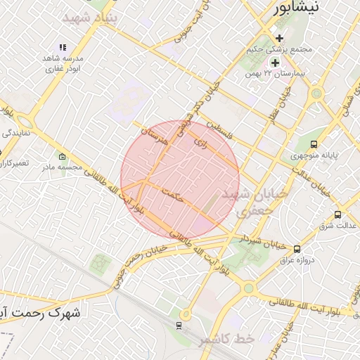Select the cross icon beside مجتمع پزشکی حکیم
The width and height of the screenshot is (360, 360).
coord(280,38)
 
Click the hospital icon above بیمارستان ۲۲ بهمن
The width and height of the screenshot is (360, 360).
coord(275,62)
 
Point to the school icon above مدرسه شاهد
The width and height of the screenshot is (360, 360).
coord(63,47)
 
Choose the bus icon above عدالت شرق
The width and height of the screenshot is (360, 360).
coord(338,214)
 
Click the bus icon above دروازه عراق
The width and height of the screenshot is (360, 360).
coord(297,249)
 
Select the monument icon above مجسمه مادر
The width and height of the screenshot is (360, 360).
coord(63,156)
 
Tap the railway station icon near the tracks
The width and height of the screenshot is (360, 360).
coord(179,326)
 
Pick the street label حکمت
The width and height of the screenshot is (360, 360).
coord(172,195)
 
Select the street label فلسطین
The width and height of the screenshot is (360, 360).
coord(224,129)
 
